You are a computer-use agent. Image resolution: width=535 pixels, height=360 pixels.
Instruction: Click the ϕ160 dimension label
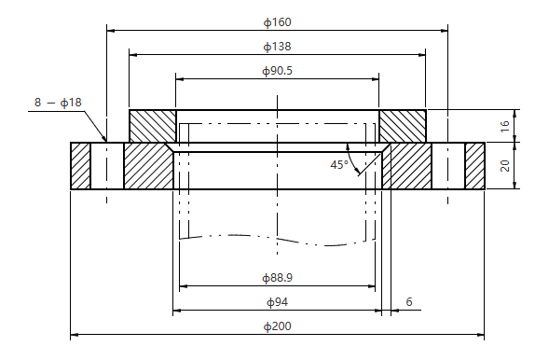[x=278, y=21]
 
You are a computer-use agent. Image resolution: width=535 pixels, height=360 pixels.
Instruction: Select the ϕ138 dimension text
[x=278, y=45]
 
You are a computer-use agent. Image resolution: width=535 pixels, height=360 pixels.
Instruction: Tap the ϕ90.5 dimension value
[x=278, y=70]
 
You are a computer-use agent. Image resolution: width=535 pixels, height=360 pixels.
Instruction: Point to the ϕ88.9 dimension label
[x=278, y=278]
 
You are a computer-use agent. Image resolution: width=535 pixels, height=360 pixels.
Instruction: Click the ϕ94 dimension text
[x=278, y=302]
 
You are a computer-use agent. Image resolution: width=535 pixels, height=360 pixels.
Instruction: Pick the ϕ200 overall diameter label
[x=278, y=326]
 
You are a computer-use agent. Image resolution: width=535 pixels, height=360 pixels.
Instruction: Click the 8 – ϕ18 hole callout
[x=58, y=103]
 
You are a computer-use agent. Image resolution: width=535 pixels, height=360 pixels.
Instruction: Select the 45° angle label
[x=338, y=164]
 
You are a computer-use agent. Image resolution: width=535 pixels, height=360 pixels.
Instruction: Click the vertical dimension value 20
[x=504, y=166]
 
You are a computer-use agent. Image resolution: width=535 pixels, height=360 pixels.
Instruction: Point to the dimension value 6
[x=408, y=302]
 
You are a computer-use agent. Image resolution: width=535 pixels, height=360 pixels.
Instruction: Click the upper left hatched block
[x=152, y=126]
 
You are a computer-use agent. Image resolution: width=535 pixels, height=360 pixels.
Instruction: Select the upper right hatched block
[x=403, y=126]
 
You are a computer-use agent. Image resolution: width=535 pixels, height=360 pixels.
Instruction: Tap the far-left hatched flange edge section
[x=80, y=166]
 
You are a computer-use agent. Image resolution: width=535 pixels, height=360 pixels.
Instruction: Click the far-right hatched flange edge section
[x=475, y=166]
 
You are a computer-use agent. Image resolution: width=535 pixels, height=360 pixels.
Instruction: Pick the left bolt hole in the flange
[x=106, y=166]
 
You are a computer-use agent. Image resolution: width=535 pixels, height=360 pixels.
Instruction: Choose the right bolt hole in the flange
[x=448, y=166]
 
